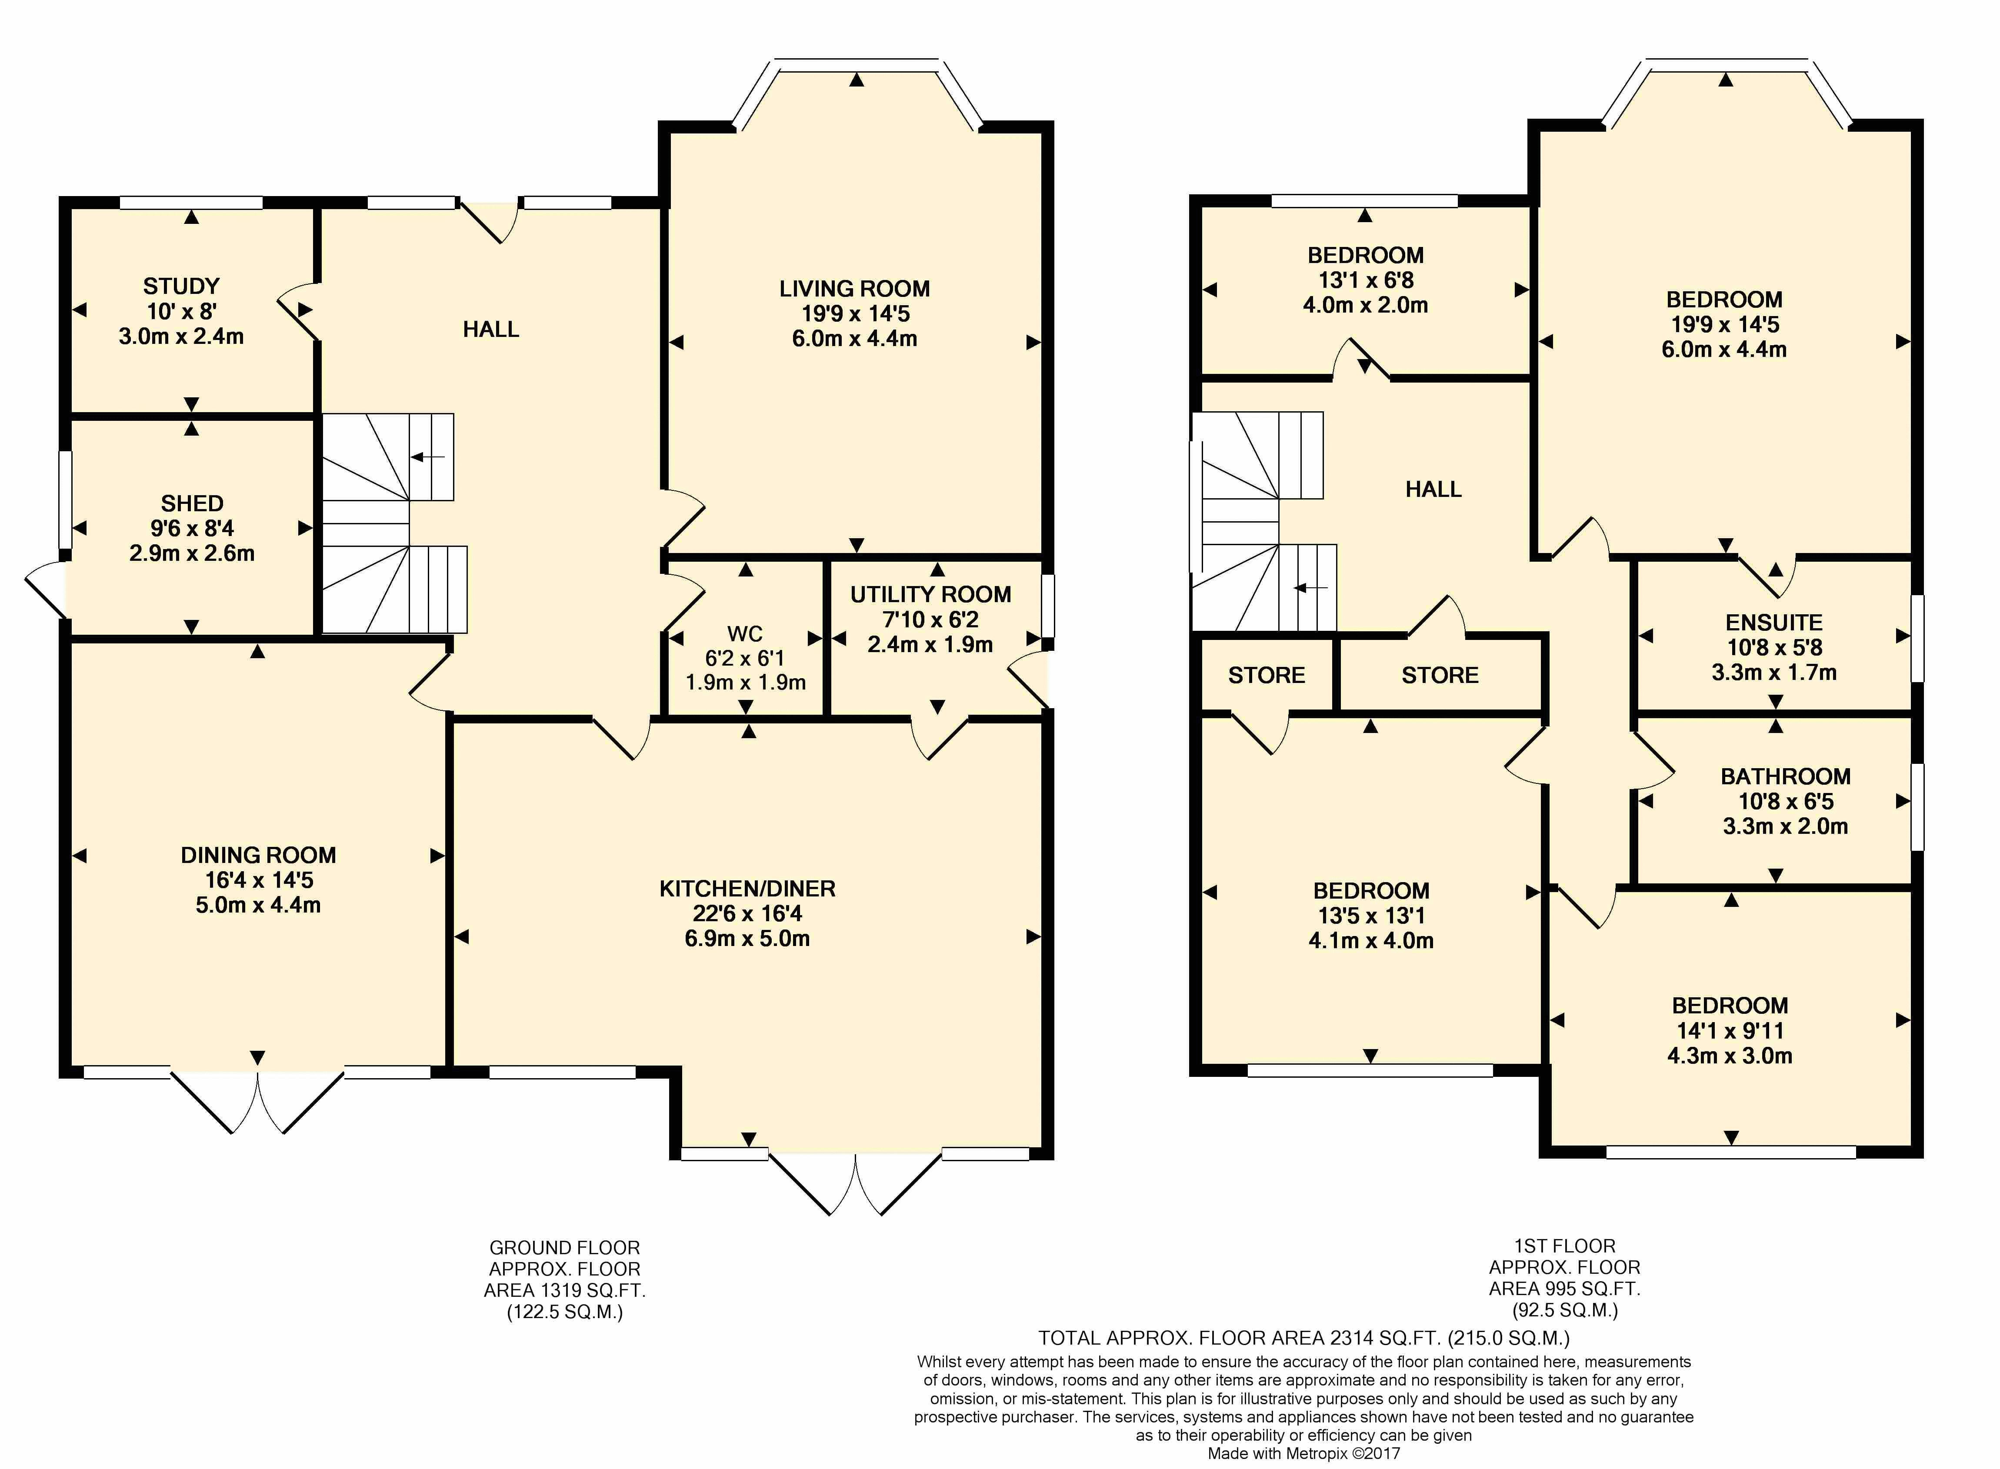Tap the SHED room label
coord(192,503)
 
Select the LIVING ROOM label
coord(855,289)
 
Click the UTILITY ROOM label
coord(930,595)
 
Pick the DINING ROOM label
coord(258,856)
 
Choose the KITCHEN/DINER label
coord(747,888)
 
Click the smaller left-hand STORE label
coord(1267,676)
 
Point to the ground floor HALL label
coord(491,330)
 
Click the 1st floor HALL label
coord(1433,489)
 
